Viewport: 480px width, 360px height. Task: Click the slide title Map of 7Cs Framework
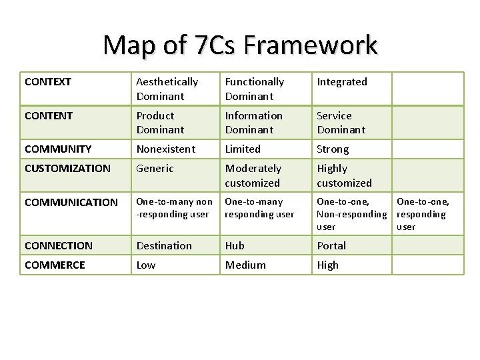240,46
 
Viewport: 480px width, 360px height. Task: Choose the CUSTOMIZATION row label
67,169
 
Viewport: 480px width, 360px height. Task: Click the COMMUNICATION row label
71,202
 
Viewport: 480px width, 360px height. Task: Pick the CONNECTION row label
59,246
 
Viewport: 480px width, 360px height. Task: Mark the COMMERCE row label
55,265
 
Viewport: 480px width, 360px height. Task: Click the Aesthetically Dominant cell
167,89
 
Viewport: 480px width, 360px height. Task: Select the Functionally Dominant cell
255,89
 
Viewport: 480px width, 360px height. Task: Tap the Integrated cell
342,82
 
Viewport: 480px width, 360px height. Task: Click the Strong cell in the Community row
333,149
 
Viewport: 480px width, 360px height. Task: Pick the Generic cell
155,169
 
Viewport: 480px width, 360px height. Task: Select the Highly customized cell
344,175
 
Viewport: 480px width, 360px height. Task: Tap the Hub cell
235,246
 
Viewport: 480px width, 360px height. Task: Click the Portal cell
331,246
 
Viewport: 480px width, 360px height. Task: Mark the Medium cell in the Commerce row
245,265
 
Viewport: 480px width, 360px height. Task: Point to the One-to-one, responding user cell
423,214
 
